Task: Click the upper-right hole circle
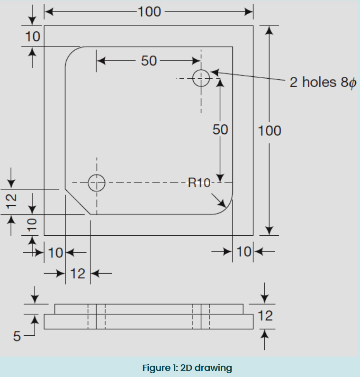[x=201, y=78]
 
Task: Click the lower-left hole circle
[x=97, y=182]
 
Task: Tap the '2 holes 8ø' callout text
[x=323, y=83]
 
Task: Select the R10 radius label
[x=199, y=183]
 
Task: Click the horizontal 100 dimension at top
[x=150, y=11]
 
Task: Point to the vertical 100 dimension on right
[x=270, y=130]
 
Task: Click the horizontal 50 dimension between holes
[x=149, y=61]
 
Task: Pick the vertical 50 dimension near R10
[x=220, y=129]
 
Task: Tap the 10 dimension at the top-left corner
[x=32, y=37]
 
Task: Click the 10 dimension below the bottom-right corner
[x=244, y=252]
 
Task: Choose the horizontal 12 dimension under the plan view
[x=78, y=274]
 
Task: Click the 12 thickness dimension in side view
[x=266, y=316]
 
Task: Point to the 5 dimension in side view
[x=17, y=337]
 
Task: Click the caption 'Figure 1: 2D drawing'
[x=187, y=368]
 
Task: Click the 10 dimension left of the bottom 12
[x=55, y=252]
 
